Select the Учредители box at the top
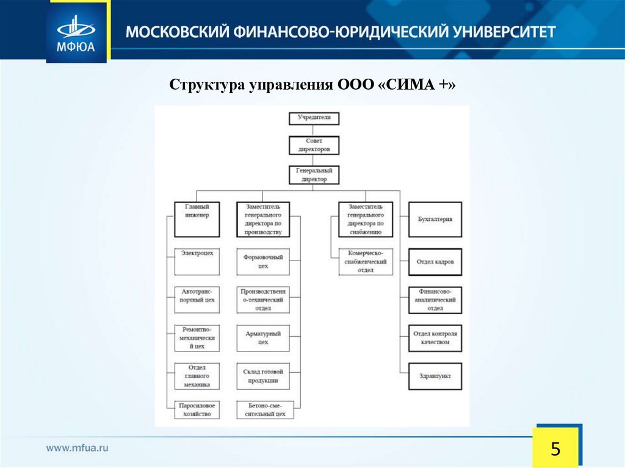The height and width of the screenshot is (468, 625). pos(314,118)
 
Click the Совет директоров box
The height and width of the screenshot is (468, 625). pos(314,145)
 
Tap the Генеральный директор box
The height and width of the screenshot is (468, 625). pos(314,175)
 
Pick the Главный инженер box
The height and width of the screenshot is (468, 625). pos(197,219)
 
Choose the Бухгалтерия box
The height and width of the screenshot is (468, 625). pos(435,219)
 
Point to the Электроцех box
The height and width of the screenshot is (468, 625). pos(197,261)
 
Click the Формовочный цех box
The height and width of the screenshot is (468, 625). pos(263,261)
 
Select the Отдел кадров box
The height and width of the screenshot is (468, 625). pos(435,262)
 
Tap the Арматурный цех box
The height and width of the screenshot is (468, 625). pos(263,338)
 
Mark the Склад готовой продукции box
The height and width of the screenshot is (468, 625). pos(263,376)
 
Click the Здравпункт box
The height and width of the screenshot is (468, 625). pos(435,376)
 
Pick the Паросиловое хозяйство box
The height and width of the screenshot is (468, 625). pos(197,409)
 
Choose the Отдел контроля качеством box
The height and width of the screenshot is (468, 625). pos(435,338)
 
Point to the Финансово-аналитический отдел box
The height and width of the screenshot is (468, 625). pos(435,300)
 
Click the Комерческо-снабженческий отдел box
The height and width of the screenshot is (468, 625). pos(366,261)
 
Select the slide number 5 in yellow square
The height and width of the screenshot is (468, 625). pos(555,450)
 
